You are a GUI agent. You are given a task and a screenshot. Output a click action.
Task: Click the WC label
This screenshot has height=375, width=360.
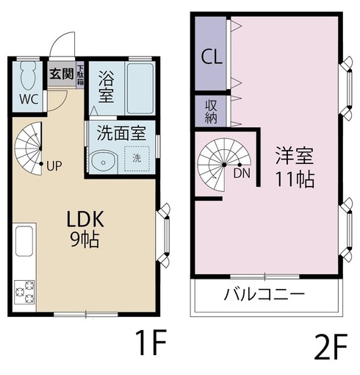tap(29, 99)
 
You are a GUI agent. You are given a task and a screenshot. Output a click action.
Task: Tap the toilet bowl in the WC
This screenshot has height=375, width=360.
tap(29, 75)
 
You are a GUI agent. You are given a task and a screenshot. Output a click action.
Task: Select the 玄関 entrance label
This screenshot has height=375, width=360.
tap(62, 74)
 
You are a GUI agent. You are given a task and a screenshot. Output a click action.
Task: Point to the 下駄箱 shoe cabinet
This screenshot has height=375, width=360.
tap(80, 75)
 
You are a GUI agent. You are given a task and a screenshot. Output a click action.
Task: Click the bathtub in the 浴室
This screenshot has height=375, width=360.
tap(140, 88)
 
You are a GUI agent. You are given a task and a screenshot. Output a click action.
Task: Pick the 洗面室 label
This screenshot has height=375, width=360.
tap(121, 133)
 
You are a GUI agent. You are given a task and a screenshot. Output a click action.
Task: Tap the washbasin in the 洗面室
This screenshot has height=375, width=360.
tap(103, 162)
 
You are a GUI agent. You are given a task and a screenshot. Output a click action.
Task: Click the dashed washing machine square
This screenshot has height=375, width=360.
tap(137, 159)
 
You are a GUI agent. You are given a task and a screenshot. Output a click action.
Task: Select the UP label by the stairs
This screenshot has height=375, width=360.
tap(54, 166)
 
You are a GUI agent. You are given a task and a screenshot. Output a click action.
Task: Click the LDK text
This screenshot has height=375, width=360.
tap(85, 219)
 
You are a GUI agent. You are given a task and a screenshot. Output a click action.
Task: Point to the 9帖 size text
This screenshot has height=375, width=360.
tap(85, 240)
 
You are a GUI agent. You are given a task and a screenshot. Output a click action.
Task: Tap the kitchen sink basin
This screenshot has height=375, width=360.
tap(24, 241)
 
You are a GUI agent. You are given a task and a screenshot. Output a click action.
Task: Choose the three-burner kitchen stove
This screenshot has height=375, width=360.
tap(24, 292)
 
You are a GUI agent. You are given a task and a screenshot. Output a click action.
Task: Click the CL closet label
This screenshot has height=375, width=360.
tap(212, 57)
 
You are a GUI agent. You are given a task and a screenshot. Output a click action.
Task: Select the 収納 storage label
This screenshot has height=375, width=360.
tap(211, 112)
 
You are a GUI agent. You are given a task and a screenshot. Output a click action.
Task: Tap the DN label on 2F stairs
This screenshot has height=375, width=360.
tap(242, 174)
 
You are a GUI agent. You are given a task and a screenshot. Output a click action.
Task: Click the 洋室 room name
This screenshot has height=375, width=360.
tap(295, 155)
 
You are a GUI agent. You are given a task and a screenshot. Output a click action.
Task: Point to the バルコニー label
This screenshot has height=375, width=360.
tap(264, 294)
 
